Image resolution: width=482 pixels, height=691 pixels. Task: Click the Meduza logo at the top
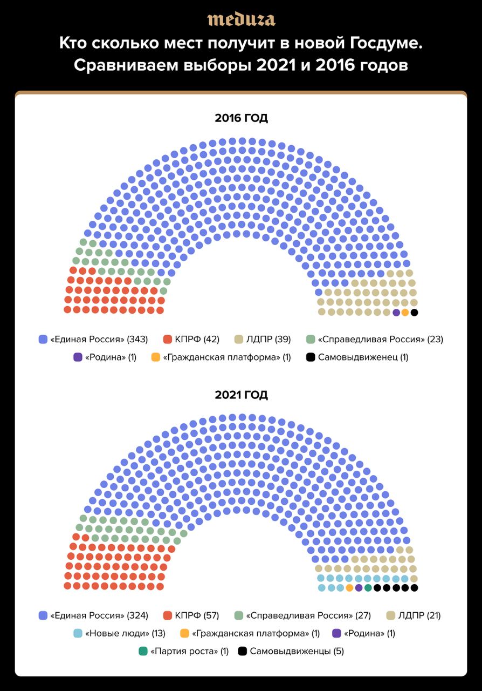click(x=241, y=19)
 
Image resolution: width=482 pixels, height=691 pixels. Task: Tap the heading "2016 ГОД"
click(x=241, y=118)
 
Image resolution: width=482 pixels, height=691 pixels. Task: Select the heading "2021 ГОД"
click(x=241, y=395)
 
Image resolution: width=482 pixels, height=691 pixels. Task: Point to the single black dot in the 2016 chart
click(x=414, y=312)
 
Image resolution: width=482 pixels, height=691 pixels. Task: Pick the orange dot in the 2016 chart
click(x=405, y=312)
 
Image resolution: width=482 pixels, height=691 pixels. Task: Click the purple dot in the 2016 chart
click(x=396, y=312)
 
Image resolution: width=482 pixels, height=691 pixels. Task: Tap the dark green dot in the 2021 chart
click(x=368, y=588)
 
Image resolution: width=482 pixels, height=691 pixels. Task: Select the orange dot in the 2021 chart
click(x=350, y=588)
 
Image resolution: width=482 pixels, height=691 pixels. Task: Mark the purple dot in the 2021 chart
click(x=359, y=588)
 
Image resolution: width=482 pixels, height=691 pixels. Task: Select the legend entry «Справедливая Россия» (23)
click(x=375, y=340)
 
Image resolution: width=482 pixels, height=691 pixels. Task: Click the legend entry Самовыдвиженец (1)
click(x=357, y=357)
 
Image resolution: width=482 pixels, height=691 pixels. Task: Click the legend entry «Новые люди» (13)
click(x=120, y=633)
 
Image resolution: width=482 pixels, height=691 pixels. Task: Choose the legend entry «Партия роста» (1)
click(x=184, y=651)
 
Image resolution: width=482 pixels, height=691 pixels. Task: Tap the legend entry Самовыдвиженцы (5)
click(x=291, y=651)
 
